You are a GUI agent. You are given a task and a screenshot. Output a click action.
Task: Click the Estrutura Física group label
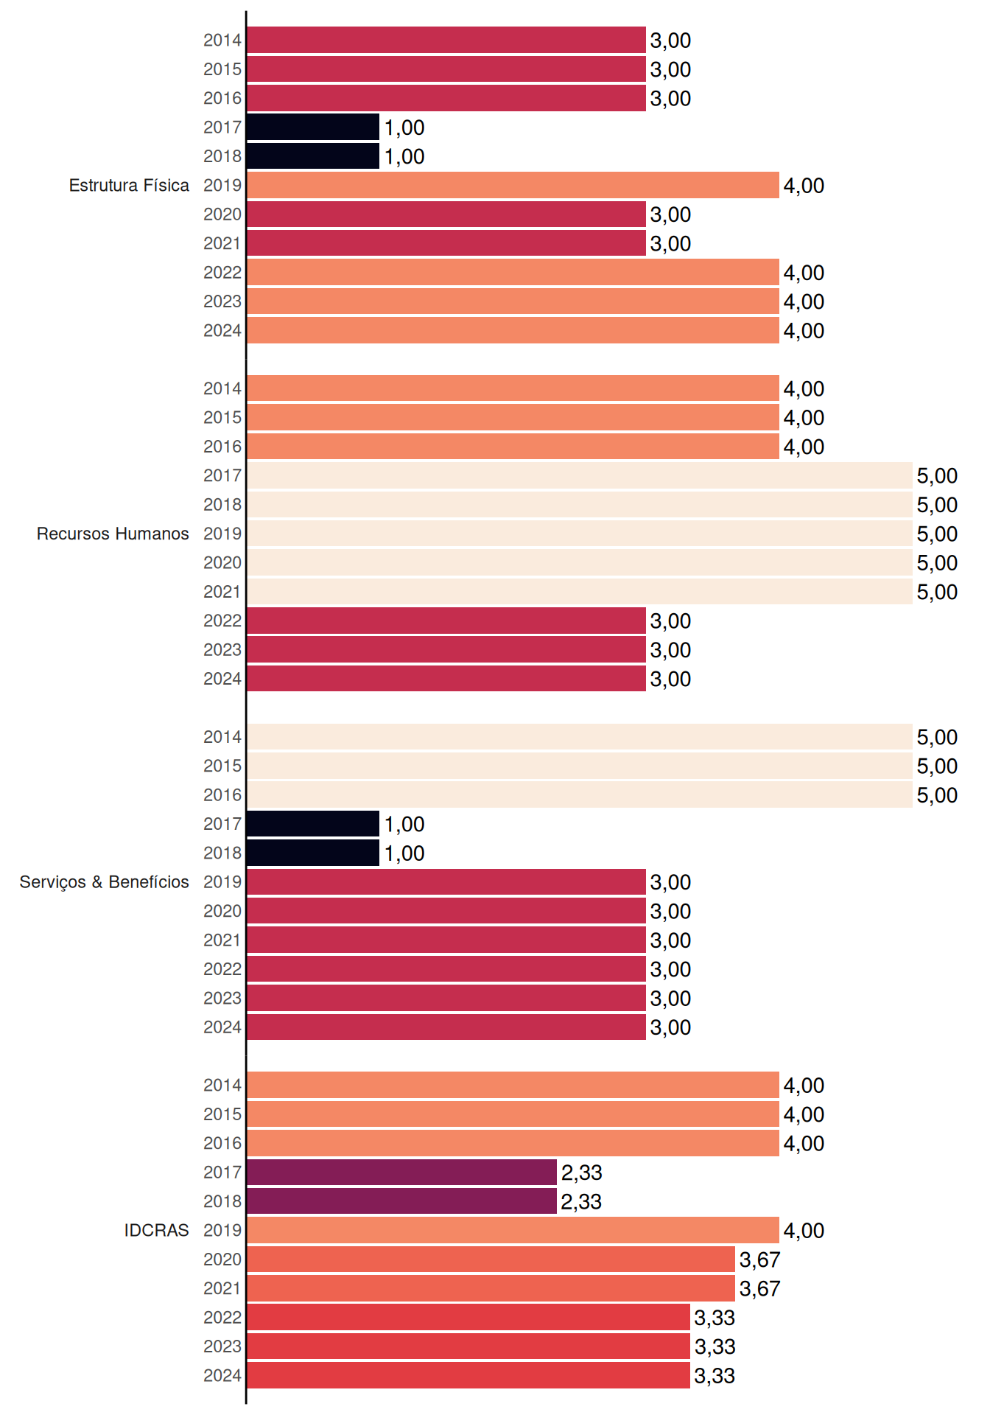click(129, 185)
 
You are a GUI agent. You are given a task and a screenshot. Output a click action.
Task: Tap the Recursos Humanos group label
click(113, 534)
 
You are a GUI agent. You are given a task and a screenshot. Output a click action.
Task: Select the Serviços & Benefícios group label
click(104, 882)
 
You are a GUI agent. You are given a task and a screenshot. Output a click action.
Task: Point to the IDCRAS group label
click(156, 1230)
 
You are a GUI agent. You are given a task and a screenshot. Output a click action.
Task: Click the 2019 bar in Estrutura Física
click(513, 185)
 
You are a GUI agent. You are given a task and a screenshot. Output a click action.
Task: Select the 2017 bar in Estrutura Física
click(313, 127)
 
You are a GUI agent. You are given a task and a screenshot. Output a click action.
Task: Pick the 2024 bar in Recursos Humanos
click(446, 678)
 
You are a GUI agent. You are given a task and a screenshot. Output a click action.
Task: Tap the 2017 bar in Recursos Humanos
click(580, 475)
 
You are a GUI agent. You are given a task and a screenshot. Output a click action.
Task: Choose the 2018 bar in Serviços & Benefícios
click(313, 853)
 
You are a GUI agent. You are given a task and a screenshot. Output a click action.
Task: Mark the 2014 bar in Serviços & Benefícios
click(580, 736)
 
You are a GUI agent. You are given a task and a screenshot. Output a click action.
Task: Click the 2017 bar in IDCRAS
click(401, 1172)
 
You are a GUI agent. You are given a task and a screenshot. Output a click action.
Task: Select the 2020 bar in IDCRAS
click(491, 1259)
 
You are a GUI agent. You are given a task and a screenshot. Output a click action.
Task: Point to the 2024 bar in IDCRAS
click(468, 1375)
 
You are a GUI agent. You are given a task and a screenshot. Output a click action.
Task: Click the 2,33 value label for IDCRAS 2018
click(581, 1201)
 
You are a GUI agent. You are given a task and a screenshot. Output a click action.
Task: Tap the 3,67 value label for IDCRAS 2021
click(759, 1288)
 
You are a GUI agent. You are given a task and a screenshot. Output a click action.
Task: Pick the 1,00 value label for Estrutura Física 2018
click(404, 156)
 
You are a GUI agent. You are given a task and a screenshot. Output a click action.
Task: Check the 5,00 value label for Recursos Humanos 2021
click(937, 592)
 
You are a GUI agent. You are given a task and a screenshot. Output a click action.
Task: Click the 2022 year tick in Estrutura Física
click(222, 273)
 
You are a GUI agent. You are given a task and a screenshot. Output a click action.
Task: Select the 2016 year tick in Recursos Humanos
click(222, 447)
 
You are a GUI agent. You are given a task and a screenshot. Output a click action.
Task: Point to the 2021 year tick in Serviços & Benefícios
click(222, 940)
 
